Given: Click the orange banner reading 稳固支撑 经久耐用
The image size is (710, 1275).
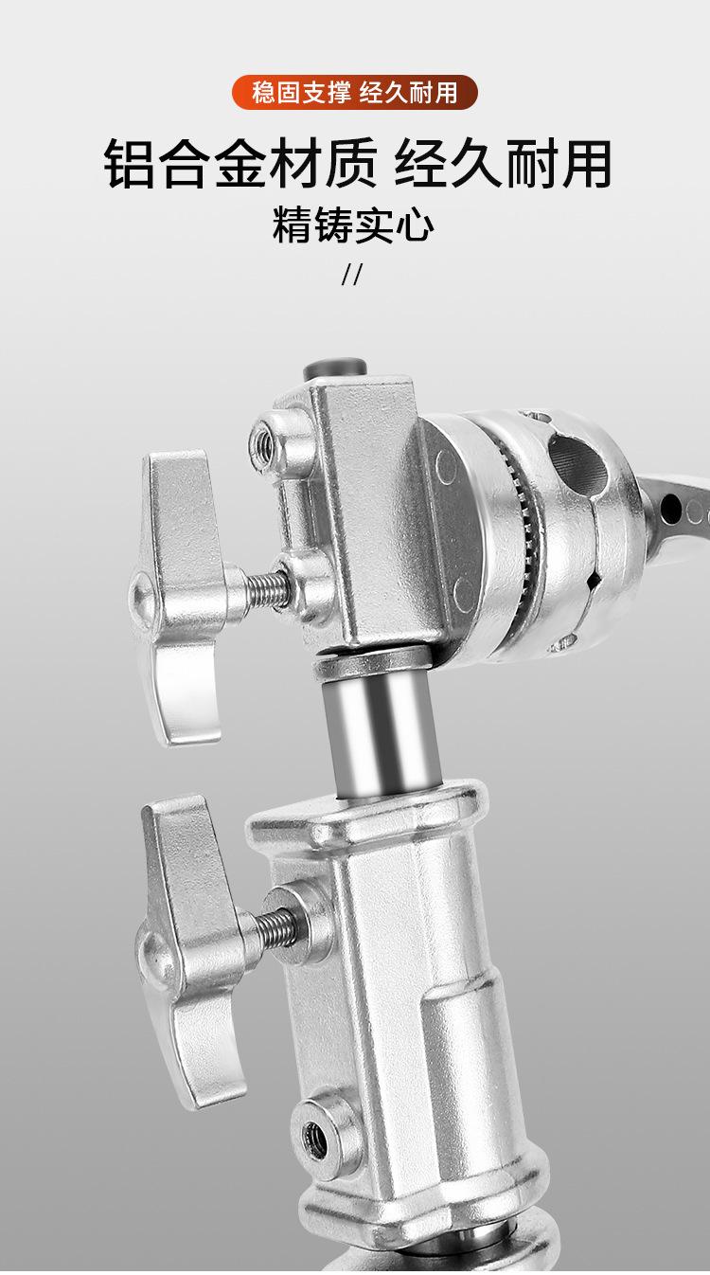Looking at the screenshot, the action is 354,92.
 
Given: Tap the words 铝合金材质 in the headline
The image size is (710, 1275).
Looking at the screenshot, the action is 240,163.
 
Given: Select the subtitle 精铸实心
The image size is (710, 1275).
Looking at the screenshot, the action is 353,225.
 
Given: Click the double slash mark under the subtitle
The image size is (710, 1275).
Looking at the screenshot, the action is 351,274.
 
